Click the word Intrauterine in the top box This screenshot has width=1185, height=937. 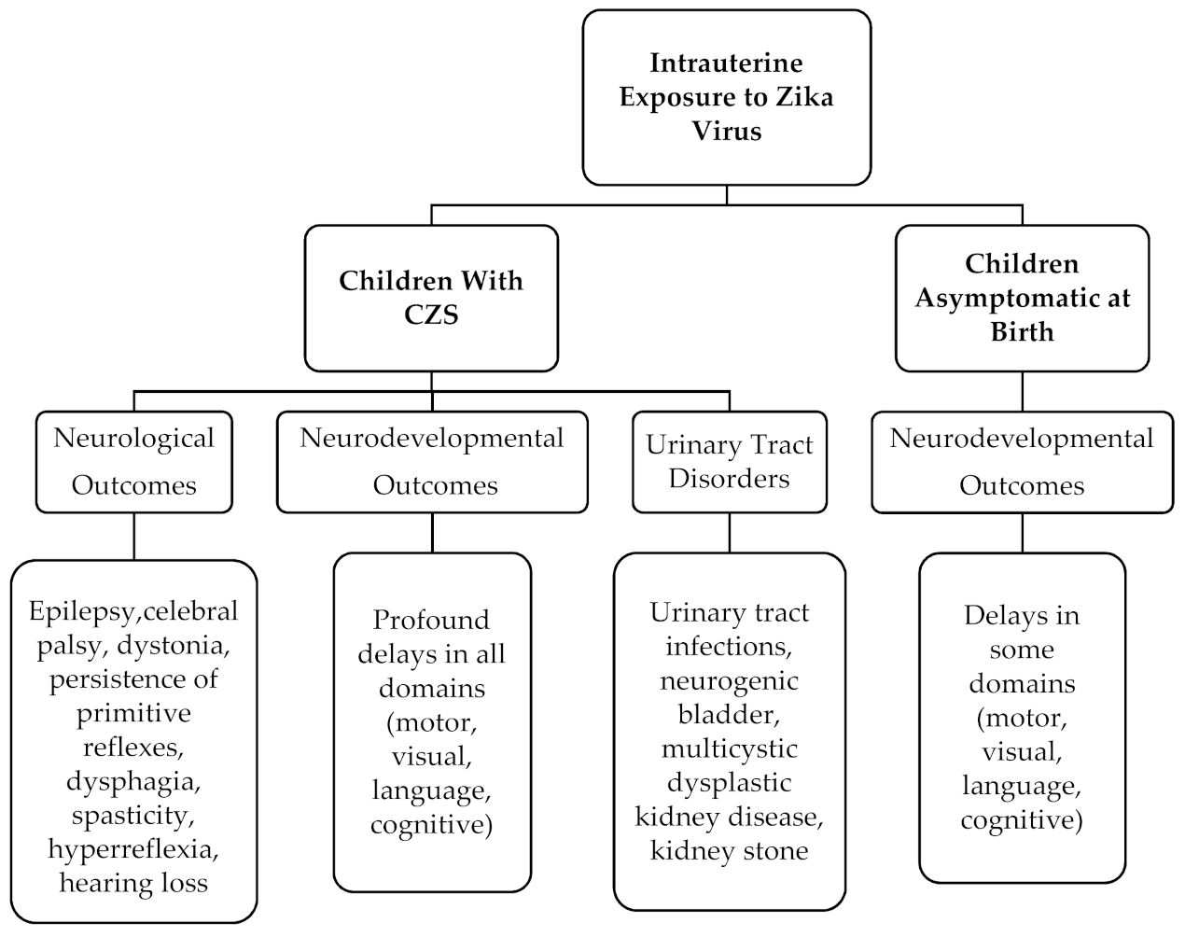(x=726, y=63)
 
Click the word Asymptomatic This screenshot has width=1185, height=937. (x=1022, y=298)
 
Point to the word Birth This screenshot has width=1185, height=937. (x=1022, y=331)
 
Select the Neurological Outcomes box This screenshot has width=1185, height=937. (x=134, y=462)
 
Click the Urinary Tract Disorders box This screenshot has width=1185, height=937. (x=730, y=462)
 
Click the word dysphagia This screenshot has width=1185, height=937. (x=133, y=780)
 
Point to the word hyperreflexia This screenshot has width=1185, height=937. (x=133, y=848)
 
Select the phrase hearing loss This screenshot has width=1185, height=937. (x=133, y=882)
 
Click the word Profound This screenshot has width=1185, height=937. (x=431, y=620)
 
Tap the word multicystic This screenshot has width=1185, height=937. (x=730, y=748)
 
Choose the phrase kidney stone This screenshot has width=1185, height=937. (x=730, y=850)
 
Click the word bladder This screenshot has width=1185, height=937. (x=730, y=714)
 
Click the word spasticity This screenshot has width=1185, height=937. (x=133, y=815)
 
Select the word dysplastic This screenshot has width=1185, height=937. (x=730, y=782)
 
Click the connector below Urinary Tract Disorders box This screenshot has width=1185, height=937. (x=730, y=533)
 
